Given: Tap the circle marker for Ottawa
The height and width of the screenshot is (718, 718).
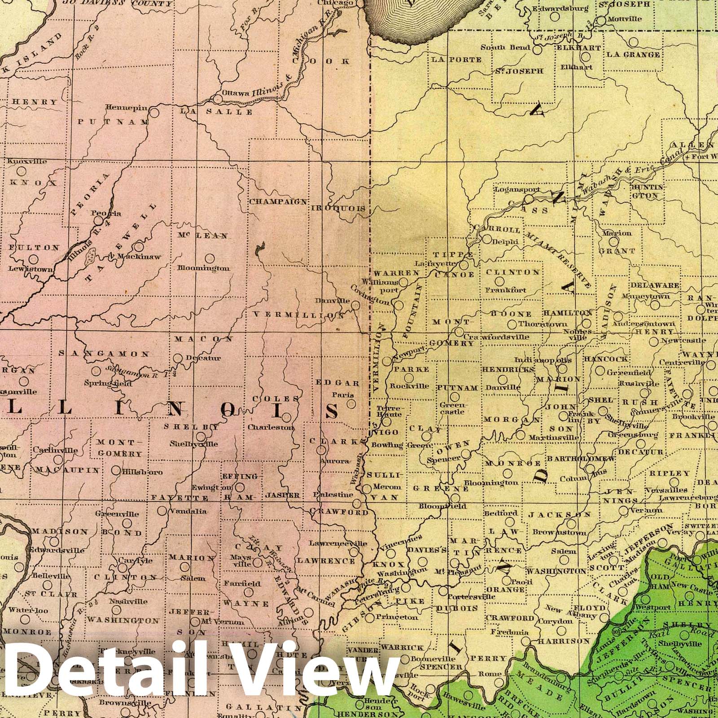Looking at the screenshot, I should click(x=218, y=99).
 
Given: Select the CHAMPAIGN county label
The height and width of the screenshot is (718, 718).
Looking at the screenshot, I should click(x=278, y=202).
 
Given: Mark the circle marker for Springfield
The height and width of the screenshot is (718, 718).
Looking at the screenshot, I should click(x=96, y=371).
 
